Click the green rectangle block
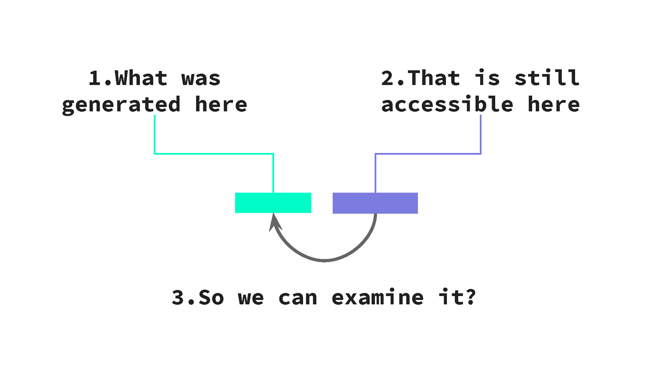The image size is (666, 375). (x=273, y=203)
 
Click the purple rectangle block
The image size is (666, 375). (x=375, y=203)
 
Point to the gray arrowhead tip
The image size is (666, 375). (x=274, y=215)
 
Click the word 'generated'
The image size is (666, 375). (x=121, y=105)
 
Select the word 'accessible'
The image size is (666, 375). (x=447, y=104)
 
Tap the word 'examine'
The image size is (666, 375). (x=377, y=298)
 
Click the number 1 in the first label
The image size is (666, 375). (x=95, y=78)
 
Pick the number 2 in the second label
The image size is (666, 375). (x=387, y=78)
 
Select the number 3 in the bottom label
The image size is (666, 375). (x=178, y=298)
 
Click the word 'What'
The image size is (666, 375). (x=141, y=78)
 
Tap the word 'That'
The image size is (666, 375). (x=434, y=78)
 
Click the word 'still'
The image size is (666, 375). (x=547, y=78)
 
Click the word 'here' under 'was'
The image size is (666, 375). (x=221, y=105)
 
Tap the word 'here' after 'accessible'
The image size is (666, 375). (x=554, y=104)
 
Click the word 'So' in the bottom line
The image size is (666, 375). (x=211, y=298)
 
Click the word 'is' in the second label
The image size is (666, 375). (x=487, y=78)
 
